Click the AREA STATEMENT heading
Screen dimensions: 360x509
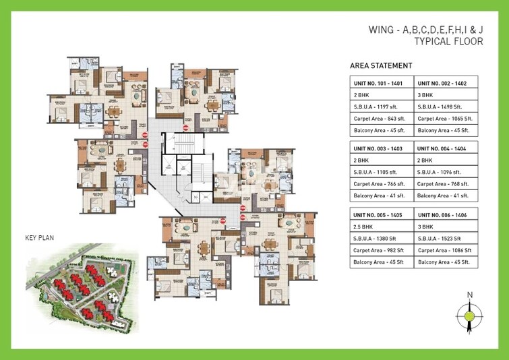381,66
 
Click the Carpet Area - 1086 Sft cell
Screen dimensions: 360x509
444,249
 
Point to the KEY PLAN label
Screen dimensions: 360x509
40,238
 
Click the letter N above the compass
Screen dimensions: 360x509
469,295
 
